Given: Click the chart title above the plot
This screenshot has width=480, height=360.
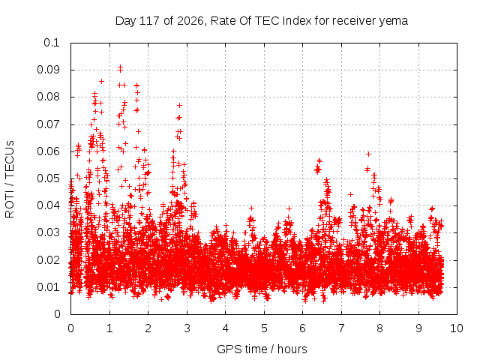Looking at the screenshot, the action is tap(262, 21).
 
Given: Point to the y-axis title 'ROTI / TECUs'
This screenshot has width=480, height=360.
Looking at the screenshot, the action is tap(10, 179).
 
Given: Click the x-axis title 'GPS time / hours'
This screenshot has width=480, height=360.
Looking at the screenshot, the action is tap(262, 349).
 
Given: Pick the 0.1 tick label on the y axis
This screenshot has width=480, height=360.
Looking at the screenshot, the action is tap(52, 43).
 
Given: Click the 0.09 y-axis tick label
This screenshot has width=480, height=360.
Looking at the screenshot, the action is tap(48, 70).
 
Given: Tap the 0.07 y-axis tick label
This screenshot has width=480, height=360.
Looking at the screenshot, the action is tap(48, 124).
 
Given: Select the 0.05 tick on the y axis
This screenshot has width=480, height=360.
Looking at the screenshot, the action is tap(48, 178).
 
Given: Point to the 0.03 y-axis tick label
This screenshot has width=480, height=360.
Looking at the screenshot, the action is tap(48, 232).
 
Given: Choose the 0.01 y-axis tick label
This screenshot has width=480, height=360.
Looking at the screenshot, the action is tap(48, 287).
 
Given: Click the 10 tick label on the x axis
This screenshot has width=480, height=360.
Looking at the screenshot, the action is tap(456, 328).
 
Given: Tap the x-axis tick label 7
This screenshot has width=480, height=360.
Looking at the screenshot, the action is tap(341, 328).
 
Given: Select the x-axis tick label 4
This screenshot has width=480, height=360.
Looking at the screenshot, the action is tap(225, 328).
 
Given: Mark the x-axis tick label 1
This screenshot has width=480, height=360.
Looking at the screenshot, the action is tap(109, 328).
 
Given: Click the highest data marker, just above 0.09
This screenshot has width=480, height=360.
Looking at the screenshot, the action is tap(120, 67).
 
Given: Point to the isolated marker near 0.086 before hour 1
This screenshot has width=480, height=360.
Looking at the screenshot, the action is tap(102, 81).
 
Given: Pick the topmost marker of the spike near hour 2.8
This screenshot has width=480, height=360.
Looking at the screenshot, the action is tap(180, 105).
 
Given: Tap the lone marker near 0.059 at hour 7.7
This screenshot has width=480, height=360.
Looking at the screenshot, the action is tap(369, 154).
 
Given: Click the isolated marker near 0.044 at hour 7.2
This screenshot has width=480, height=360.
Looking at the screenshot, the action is tap(350, 194).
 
